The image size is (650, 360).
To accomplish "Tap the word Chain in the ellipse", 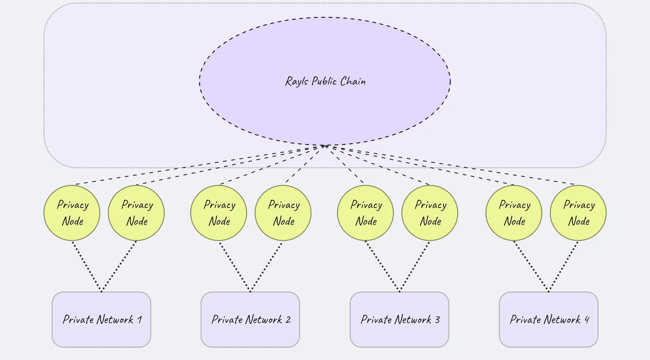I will tap(353, 81).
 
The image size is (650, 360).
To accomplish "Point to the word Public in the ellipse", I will tap(324, 81).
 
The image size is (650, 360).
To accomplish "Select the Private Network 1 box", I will tap(101, 319).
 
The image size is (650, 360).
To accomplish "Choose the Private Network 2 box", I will tap(250, 319).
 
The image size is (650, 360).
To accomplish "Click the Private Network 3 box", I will tap(399, 319).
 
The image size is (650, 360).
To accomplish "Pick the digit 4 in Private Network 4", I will tap(587, 320).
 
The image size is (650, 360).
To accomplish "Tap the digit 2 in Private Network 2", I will tap(288, 320).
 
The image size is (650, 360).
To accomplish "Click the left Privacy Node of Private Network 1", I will tap(72, 213).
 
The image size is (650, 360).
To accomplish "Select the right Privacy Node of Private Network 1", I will tap(136, 213).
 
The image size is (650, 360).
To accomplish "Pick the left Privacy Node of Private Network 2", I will tap(219, 213).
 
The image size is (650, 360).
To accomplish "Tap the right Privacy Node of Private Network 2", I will tap(283, 213).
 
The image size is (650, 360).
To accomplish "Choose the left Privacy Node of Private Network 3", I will tap(365, 213).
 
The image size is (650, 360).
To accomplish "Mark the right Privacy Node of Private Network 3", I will tap(429, 213).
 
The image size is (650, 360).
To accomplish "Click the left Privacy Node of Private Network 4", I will tap(513, 213).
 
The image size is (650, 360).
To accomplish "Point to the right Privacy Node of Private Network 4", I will tap(578, 213).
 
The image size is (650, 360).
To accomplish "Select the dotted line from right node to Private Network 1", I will tap(119, 266).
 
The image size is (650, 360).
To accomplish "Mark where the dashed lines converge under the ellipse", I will tap(324, 146).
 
